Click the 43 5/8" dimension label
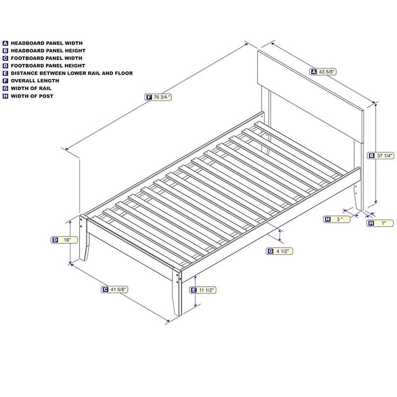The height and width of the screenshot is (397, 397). coord(328,71)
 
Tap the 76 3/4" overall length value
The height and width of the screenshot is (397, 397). coord(162,97)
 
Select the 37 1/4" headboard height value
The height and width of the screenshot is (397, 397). coord(385,155)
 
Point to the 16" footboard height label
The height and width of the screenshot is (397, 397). coord(67,240)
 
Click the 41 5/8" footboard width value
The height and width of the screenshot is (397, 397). coord(118,289)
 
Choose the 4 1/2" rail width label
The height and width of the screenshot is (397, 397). coord(283,251)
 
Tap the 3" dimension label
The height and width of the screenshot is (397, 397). coord(339,219)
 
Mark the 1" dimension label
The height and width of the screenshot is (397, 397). coord(384,223)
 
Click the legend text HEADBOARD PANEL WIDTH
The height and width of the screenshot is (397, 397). coord(47,43)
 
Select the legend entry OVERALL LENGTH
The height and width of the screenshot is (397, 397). coord(35,80)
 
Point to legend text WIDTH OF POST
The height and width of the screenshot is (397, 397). coord(32,96)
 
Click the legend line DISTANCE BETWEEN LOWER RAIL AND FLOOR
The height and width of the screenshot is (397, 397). coord(72,73)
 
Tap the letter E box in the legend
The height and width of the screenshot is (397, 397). coord(5,73)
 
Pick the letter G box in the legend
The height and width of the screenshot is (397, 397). coord(5,88)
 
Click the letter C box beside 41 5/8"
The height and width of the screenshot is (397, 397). coord(105,289)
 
